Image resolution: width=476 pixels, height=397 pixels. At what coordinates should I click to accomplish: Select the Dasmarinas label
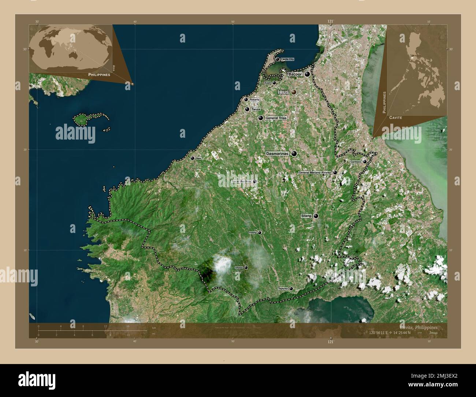click(277, 154)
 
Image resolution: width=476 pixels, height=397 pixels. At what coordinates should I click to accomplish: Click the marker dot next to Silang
click(316, 216)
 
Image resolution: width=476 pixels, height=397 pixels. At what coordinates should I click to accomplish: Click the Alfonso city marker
click(246, 268)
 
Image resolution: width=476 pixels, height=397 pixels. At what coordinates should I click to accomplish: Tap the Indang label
click(253, 233)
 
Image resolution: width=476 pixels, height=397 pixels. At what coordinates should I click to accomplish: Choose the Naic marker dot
click(192, 158)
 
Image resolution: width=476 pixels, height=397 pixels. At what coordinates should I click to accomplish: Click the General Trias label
click(276, 118)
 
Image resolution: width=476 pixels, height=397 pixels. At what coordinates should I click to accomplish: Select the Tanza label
click(256, 109)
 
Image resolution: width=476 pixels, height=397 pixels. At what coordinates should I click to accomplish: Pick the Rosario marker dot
click(246, 100)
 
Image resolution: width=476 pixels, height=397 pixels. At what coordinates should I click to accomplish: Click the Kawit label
click(268, 83)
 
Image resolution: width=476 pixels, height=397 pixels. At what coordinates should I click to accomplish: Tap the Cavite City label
click(287, 59)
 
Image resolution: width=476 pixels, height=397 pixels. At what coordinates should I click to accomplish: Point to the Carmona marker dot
click(365, 162)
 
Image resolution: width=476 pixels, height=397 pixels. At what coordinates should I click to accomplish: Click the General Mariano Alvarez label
click(315, 172)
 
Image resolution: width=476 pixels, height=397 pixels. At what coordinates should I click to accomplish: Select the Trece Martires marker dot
click(254, 181)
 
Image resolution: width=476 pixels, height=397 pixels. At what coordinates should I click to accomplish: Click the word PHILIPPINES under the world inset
click(99, 74)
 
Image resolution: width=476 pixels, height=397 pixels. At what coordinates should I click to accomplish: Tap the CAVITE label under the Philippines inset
click(395, 118)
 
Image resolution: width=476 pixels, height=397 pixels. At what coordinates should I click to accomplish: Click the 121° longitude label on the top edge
click(330, 22)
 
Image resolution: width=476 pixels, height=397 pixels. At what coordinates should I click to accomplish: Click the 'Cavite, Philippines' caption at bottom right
click(418, 327)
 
